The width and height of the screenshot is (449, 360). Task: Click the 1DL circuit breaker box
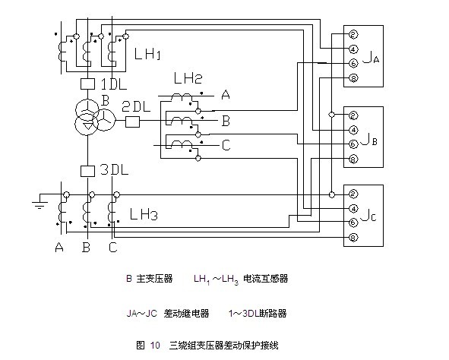coord(87,84)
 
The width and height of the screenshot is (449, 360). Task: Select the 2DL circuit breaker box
coord(133,122)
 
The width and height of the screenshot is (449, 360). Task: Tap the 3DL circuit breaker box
coord(87,171)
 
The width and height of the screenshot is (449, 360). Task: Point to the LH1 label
coord(147,53)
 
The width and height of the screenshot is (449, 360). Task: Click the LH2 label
coord(188,78)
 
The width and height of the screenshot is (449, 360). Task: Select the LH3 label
coord(144,214)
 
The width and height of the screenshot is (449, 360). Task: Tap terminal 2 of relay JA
coord(353,35)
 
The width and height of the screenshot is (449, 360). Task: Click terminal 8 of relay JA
coord(353,77)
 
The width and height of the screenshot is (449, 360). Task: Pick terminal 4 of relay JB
coord(353,130)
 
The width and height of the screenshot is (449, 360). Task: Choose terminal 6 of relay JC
coord(353,223)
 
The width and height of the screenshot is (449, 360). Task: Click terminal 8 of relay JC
coord(353,238)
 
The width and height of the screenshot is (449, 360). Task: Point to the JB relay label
coord(369,139)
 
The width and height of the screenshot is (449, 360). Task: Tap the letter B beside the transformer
coord(105,101)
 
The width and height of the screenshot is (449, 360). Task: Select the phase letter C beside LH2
coord(226,145)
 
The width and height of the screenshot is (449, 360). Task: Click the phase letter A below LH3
coord(59,247)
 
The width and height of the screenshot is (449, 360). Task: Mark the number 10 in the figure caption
coord(155,345)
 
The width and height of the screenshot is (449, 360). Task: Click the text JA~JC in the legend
coord(142,314)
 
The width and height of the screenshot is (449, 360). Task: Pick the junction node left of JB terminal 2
coord(331,115)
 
